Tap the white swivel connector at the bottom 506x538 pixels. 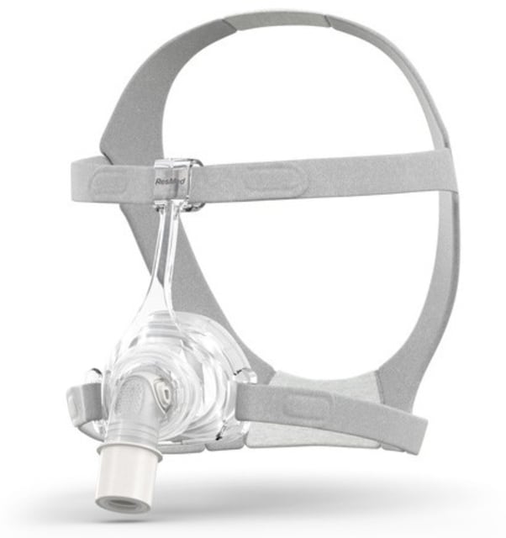124,475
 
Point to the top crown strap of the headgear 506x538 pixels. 277,34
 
